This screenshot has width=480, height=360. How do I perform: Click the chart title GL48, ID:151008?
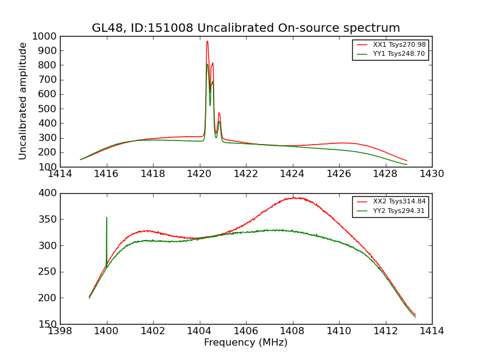point(245,28)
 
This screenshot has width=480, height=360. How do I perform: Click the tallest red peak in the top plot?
point(207,41)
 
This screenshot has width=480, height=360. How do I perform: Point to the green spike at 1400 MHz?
point(107,218)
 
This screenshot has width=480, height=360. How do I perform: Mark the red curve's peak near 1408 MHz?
point(293,197)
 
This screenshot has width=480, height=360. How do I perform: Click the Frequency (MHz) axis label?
point(245,343)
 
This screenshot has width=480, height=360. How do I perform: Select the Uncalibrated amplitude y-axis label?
point(23,101)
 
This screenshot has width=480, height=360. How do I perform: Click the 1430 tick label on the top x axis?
point(431,174)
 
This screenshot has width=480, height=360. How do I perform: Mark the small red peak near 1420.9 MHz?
point(219,113)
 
